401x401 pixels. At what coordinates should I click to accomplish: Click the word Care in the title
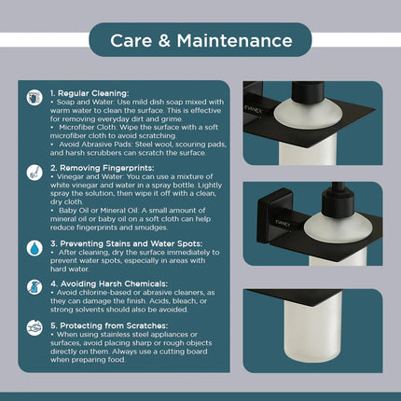coord(131,41)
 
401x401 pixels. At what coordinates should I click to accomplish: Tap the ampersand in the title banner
coord(164,41)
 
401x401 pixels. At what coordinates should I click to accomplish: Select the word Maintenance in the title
coord(235,41)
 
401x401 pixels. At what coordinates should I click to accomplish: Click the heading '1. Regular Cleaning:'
coord(90,93)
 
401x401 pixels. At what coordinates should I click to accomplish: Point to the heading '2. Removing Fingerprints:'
coord(103,168)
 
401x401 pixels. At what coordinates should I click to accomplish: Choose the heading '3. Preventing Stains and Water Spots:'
coord(127,243)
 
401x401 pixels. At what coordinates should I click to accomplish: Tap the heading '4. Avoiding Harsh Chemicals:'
coord(109,283)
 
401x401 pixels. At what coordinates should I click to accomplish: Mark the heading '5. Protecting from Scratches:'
coord(109,325)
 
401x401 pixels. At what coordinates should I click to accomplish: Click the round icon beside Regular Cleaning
coord(35,98)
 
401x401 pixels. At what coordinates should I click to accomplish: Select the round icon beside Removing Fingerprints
coord(35,173)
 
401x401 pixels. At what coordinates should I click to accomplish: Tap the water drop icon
coord(35,248)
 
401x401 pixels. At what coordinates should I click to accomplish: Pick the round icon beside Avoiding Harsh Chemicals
coord(35,287)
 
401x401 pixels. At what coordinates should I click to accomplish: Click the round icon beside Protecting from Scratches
coord(35,327)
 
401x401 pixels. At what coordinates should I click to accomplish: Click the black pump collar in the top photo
coord(308,92)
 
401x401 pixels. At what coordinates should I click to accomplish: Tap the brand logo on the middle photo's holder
coord(283,224)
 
